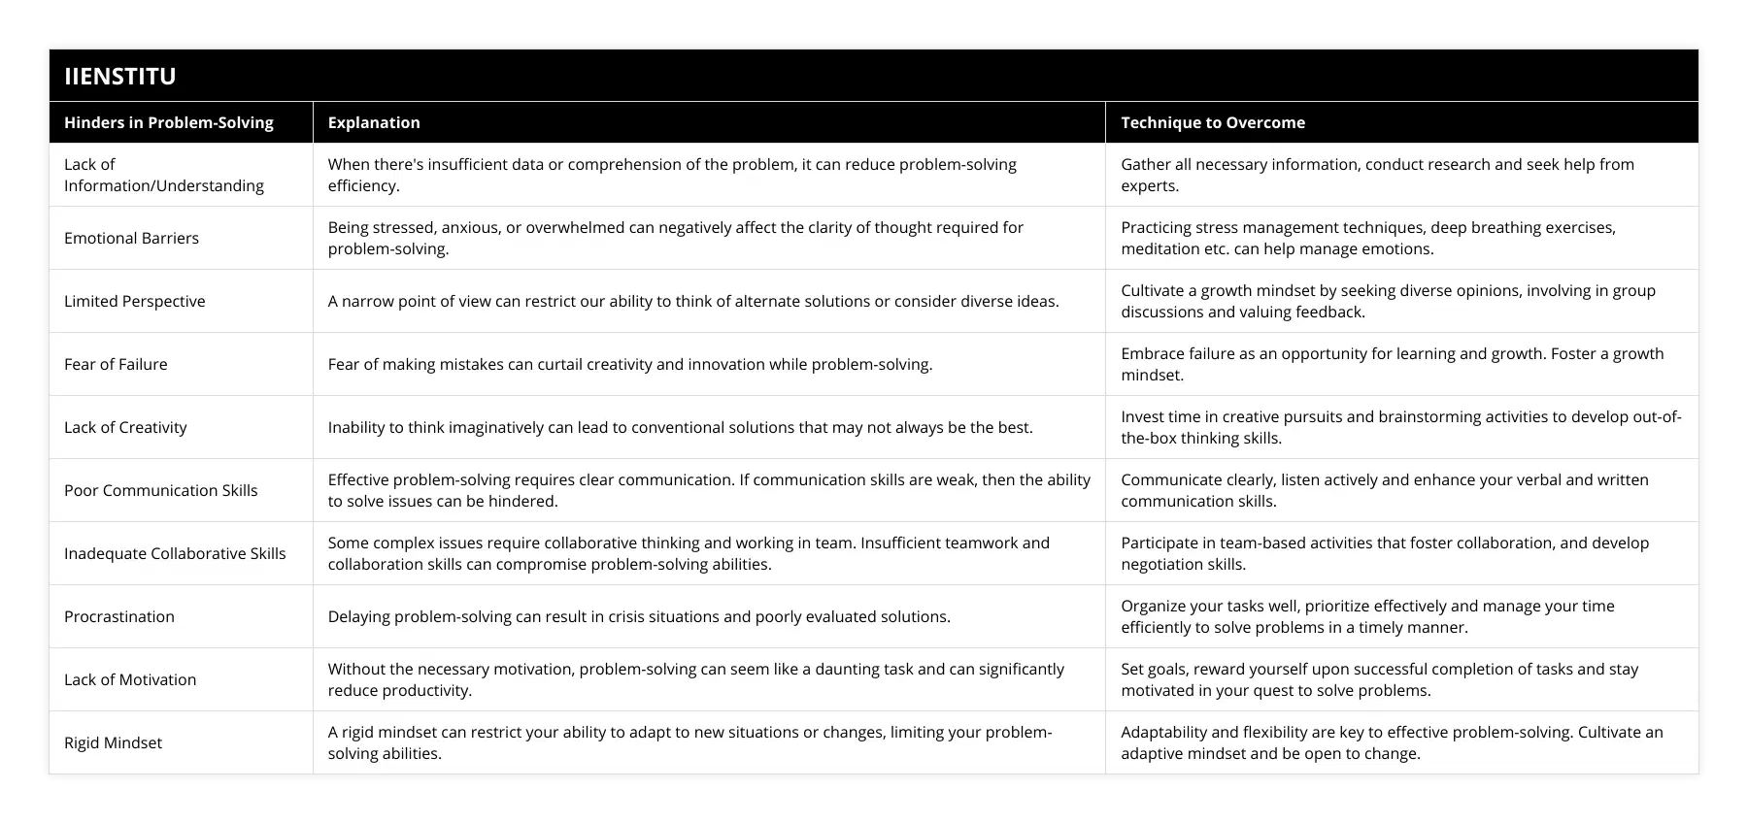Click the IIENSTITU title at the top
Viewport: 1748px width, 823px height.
[x=120, y=77]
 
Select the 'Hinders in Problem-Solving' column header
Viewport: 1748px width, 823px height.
[x=169, y=122]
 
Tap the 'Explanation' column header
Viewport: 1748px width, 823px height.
[x=374, y=122]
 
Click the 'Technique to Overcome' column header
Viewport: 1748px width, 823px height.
[x=1213, y=122]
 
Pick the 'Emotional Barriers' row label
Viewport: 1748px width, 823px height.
[x=131, y=238]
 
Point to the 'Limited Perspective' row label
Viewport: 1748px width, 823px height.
[x=135, y=301]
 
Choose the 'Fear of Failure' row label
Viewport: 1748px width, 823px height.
[x=116, y=364]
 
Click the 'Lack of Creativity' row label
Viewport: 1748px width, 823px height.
[x=125, y=427]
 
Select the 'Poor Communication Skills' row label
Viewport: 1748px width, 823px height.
[x=161, y=490]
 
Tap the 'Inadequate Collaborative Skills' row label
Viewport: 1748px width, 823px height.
[x=175, y=553]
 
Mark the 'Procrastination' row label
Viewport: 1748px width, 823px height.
[x=119, y=616]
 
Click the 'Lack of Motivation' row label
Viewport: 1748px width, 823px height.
[x=130, y=679]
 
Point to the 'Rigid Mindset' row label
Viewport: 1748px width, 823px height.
[x=113, y=742]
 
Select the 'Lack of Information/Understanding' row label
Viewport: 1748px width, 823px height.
[x=163, y=175]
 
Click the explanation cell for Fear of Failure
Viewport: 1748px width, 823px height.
[x=630, y=364]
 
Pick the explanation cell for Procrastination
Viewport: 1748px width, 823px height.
[x=639, y=616]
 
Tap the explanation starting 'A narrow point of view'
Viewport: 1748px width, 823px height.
[x=693, y=301]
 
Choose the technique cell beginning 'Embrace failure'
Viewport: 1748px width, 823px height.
[x=1392, y=364]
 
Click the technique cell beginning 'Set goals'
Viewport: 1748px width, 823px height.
[x=1379, y=679]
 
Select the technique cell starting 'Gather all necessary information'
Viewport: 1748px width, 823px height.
[x=1377, y=175]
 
